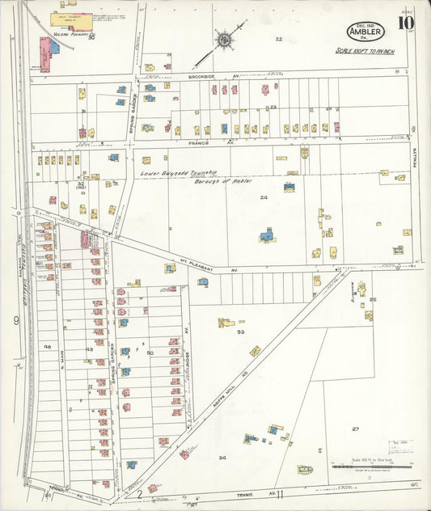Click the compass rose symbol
[222, 38]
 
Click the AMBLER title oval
[366, 31]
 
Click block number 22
[279, 39]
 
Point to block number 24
[264, 197]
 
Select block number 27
[355, 429]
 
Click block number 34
[222, 457]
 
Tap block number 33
[240, 332]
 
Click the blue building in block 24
[266, 235]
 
